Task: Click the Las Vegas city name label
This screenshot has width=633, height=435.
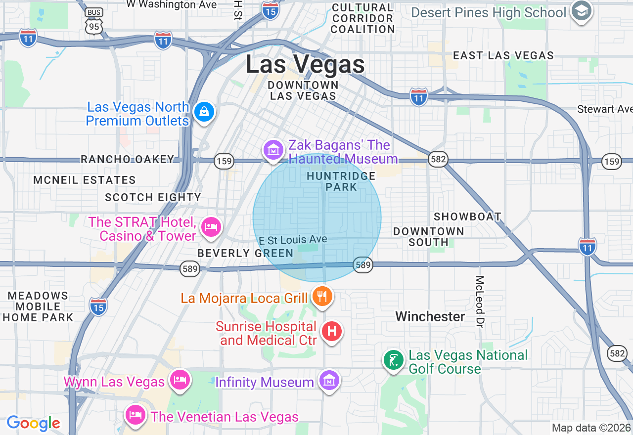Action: click(305, 65)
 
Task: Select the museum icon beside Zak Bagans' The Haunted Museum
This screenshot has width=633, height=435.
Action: click(273, 149)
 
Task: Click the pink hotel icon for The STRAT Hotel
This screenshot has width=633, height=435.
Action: click(211, 227)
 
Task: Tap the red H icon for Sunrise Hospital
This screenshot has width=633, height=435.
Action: click(332, 331)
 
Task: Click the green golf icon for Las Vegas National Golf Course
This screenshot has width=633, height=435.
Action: click(394, 360)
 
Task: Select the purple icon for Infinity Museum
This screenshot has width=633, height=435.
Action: click(329, 380)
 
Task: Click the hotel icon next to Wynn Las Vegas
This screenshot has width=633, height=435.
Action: click(180, 380)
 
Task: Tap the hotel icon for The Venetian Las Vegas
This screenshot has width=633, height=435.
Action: click(135, 414)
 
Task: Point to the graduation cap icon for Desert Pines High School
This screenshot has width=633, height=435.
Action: click(582, 11)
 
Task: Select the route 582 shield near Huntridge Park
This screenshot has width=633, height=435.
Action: click(438, 159)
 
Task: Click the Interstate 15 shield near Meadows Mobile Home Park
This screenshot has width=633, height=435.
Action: click(98, 306)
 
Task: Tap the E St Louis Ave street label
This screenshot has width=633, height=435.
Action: click(293, 240)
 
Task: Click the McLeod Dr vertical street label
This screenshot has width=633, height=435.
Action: click(479, 302)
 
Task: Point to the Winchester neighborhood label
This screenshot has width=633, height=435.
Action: click(430, 316)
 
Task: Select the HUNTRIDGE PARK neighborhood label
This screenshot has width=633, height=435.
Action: click(341, 181)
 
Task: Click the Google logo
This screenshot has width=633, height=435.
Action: click(33, 423)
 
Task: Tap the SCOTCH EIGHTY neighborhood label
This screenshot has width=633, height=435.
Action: click(153, 197)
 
